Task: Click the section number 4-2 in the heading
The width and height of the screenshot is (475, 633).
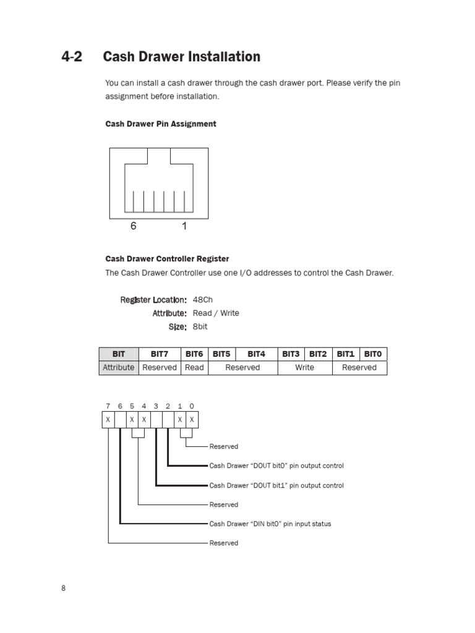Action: tap(71, 57)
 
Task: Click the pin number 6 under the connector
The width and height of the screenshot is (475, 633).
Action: tap(133, 227)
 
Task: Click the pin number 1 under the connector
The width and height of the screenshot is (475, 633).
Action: tap(184, 227)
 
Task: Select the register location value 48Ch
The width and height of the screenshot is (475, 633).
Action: tap(203, 300)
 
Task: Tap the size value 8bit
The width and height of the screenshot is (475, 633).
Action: tap(200, 326)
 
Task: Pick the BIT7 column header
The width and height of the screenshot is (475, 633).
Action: tap(159, 354)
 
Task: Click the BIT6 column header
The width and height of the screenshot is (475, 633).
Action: tap(194, 354)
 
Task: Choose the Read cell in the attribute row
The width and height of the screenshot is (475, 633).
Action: tap(194, 368)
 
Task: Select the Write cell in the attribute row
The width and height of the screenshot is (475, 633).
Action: tap(304, 368)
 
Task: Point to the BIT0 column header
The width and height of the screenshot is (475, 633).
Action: tap(373, 354)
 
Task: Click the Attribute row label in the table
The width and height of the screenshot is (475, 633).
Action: tap(119, 368)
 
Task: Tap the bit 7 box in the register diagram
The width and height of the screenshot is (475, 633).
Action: tap(108, 420)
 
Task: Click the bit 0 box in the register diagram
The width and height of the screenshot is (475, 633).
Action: tap(192, 420)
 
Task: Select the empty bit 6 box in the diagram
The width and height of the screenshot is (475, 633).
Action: tap(120, 420)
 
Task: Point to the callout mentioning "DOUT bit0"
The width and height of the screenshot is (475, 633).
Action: tap(276, 466)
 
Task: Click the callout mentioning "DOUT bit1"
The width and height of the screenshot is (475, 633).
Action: tap(276, 486)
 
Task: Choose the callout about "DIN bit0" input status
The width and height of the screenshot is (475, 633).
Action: tap(270, 524)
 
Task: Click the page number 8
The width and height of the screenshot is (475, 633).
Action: tap(63, 588)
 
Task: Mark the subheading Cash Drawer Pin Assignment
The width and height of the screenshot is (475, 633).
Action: tap(160, 124)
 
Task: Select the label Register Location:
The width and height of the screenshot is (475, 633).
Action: tap(153, 300)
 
